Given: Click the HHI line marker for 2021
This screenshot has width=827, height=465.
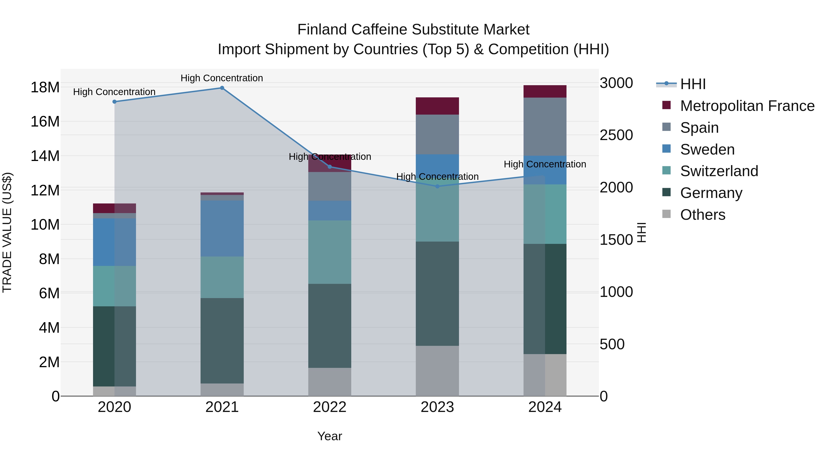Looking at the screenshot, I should pos(222,88).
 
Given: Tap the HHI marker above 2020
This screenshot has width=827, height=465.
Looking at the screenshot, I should pos(114,102).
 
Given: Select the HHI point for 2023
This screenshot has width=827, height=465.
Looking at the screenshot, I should pos(437,186).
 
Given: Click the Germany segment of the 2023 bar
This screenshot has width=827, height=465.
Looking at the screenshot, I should pos(437,294).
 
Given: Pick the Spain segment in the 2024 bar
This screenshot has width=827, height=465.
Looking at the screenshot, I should pos(545,127).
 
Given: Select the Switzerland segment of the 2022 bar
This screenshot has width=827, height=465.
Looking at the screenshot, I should pos(330,252).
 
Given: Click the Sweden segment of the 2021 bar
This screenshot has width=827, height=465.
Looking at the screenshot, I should pos(222,228).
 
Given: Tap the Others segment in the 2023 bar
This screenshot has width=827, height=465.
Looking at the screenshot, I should pos(437,371).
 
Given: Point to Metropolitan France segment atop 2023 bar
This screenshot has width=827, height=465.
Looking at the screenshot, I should pos(437,106).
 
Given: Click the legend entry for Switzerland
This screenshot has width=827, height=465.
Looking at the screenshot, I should pos(719,171).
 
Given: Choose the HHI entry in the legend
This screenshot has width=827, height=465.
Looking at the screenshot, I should pos(693,84).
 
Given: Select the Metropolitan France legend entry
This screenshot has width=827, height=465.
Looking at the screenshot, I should pos(747,106).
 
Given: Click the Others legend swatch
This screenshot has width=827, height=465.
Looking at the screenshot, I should pos(666,214).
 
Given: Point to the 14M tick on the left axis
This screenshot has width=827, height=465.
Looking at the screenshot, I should pos(45,156).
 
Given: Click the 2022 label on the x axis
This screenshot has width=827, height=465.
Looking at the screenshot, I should pos(330,407).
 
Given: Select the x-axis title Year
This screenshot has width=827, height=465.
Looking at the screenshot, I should pos(330,436).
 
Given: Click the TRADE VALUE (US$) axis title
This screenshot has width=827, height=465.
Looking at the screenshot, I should pos(7,232).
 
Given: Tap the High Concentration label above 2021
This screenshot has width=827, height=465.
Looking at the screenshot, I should pos(222,78).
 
